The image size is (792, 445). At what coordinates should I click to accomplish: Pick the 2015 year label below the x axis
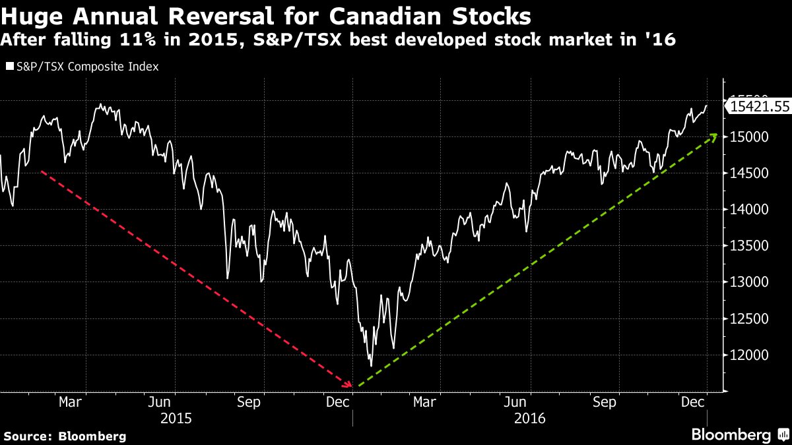tap(176, 418)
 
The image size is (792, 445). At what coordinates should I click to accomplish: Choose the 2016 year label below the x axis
tap(529, 418)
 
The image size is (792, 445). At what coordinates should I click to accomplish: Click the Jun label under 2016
tap(515, 401)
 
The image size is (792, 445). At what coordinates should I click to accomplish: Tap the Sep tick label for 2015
tap(248, 401)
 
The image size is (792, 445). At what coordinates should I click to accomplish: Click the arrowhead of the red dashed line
tap(350, 384)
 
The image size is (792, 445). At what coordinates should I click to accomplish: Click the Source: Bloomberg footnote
tap(65, 436)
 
